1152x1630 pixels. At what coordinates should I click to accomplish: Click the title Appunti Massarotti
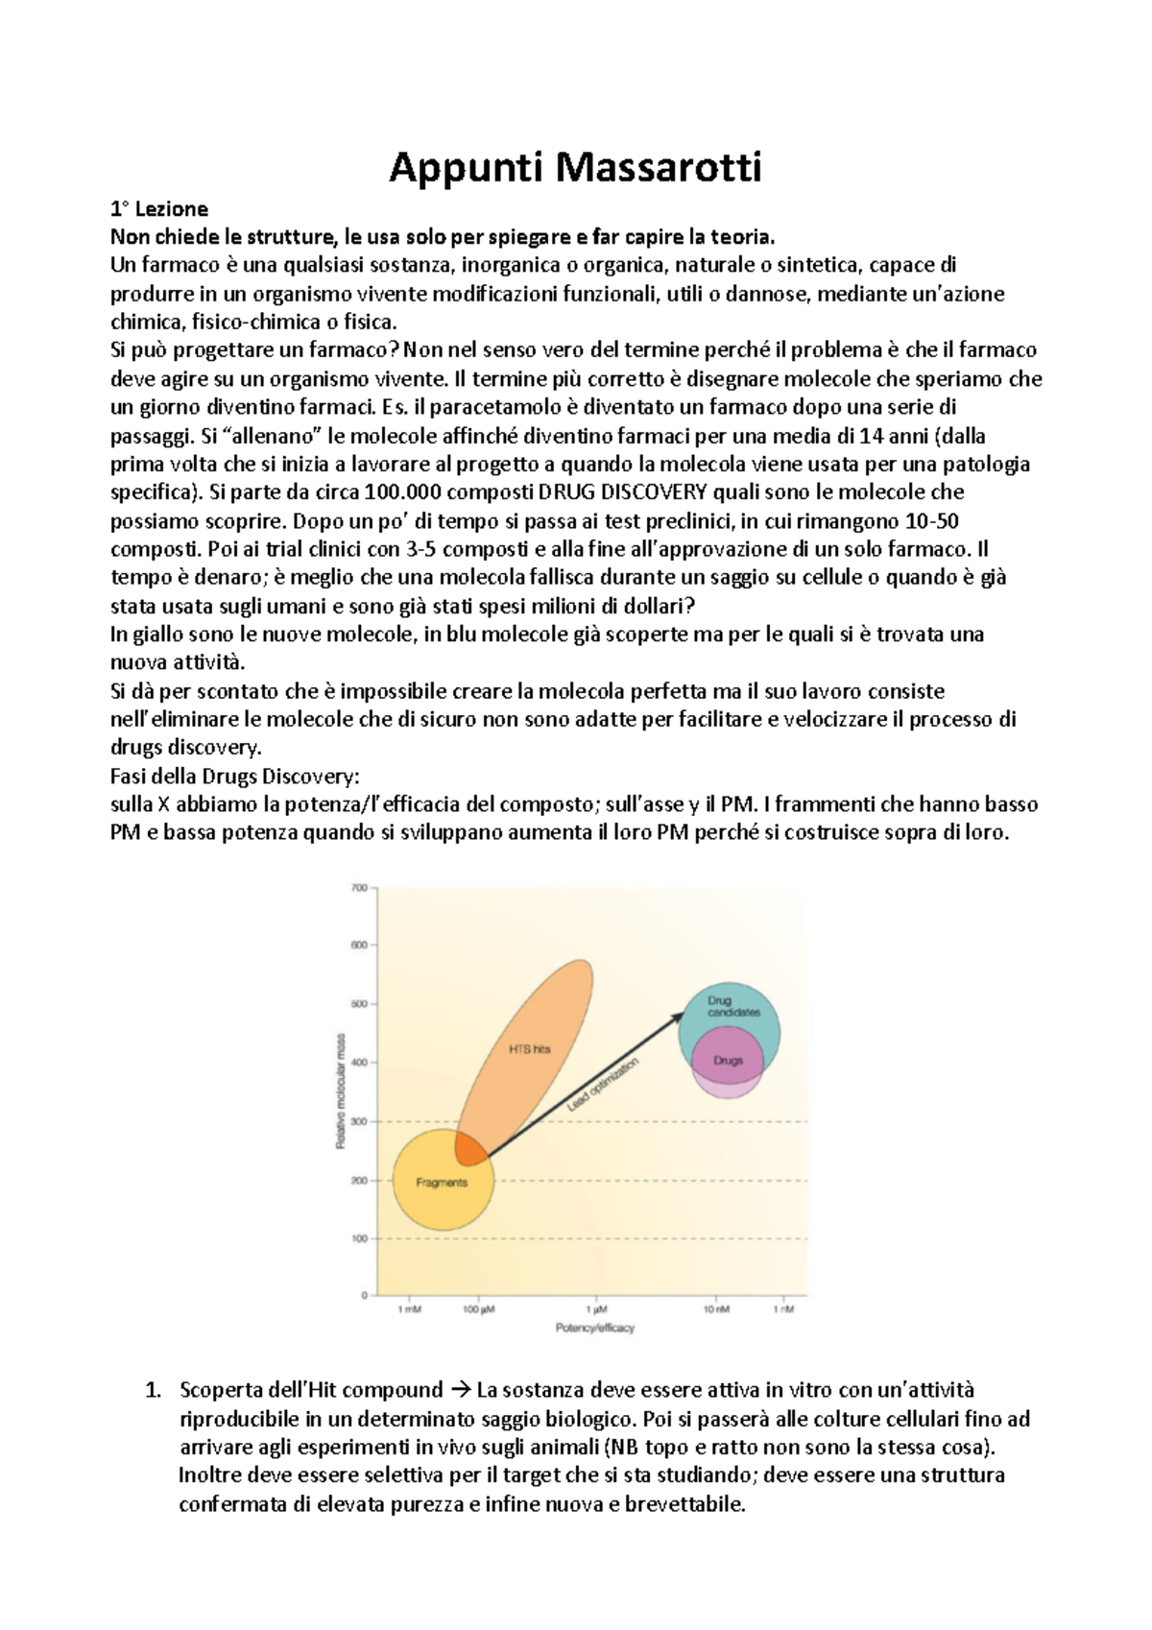575,168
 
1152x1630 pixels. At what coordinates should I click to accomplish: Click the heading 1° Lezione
159,208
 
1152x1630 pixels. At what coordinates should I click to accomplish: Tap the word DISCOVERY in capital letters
654,492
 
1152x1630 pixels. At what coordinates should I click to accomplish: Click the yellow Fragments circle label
442,1183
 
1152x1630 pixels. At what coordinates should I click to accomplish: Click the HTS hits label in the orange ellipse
529,1049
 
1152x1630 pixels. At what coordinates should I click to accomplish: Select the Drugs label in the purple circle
729,1061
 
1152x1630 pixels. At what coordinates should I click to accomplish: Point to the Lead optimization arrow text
602,1085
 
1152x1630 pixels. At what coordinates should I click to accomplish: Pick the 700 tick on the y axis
359,888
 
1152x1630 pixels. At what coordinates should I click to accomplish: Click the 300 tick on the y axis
359,1121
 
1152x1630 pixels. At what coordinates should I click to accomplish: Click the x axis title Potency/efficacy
594,1329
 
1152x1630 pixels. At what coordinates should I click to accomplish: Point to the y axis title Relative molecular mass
340,1092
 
